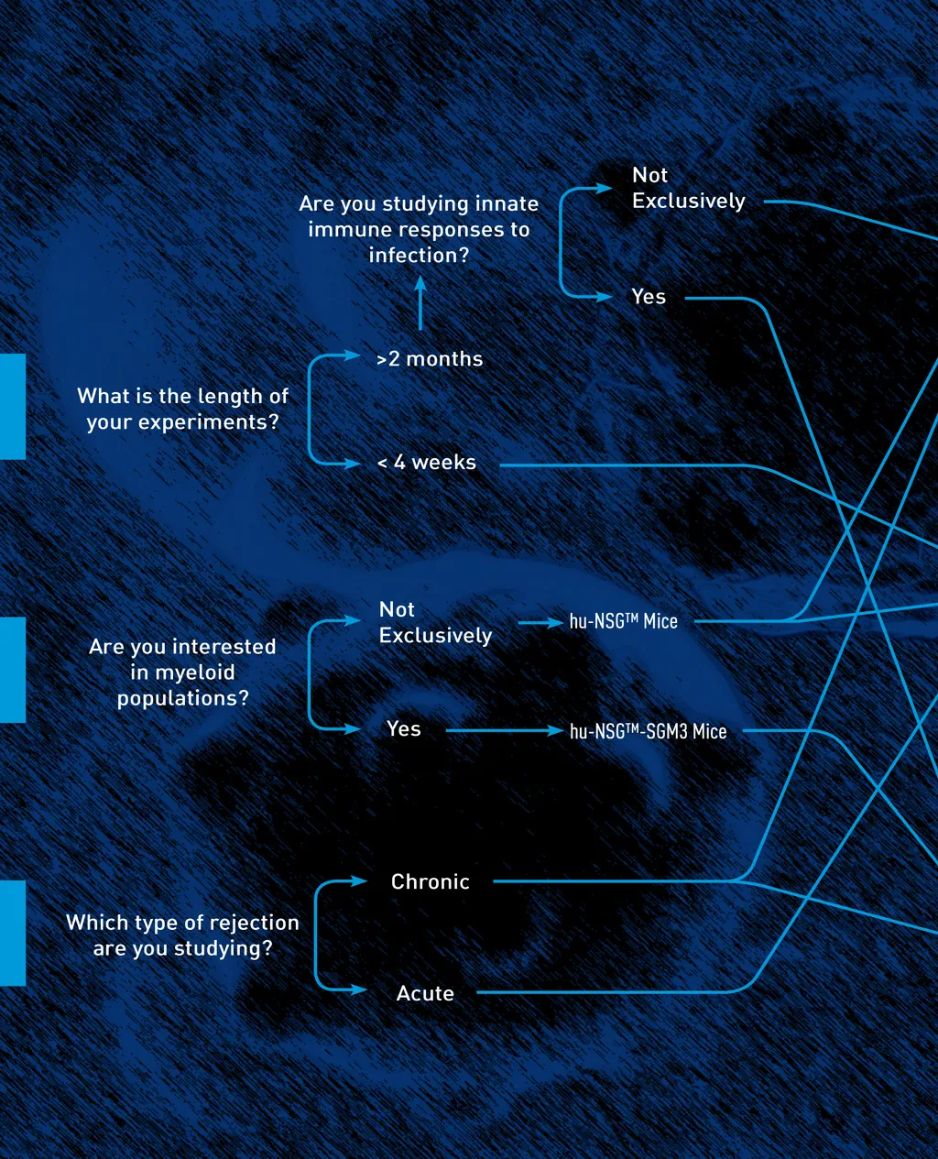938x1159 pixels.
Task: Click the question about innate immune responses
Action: [x=419, y=229]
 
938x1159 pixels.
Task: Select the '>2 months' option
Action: [x=430, y=359]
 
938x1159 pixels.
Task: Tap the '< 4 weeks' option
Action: [x=427, y=463]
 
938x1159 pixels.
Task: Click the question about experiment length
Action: [x=182, y=409]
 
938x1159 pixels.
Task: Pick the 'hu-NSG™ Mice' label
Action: [x=623, y=621]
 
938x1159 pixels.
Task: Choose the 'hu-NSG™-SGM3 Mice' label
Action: [x=648, y=731]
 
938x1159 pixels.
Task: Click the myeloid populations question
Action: [x=182, y=672]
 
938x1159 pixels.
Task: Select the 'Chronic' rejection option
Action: [x=430, y=881]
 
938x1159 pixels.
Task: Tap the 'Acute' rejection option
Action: [x=425, y=993]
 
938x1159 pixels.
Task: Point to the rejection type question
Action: [x=182, y=935]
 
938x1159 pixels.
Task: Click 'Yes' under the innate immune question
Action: [x=649, y=297]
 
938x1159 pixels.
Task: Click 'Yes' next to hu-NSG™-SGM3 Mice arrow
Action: [x=403, y=729]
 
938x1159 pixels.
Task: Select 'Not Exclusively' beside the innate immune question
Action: [x=688, y=188]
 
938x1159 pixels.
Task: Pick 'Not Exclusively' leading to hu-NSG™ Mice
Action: [x=435, y=622]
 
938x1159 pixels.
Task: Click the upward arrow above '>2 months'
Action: [x=420, y=303]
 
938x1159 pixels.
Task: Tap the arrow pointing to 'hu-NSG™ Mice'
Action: [x=540, y=622]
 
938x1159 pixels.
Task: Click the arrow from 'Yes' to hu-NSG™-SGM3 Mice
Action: [x=504, y=731]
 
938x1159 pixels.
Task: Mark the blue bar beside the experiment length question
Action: [x=12, y=406]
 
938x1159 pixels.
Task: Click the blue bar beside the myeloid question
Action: [x=12, y=670]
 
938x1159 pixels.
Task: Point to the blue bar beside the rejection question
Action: [x=12, y=933]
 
